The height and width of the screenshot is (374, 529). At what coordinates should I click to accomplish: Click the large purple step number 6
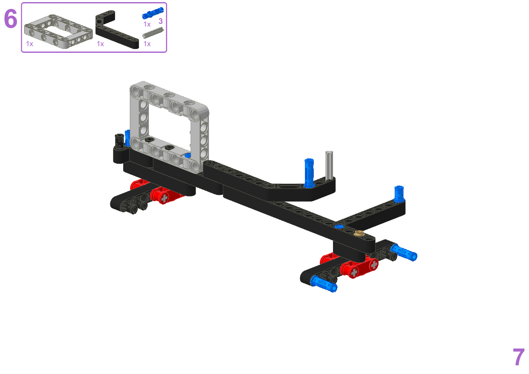tap(10, 18)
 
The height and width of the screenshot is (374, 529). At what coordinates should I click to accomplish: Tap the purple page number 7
tap(519, 357)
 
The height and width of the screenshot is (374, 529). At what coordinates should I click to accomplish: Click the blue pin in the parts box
tap(153, 13)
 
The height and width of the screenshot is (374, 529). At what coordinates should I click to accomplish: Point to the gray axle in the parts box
tap(153, 33)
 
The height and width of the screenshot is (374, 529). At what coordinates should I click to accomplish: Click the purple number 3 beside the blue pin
tap(160, 21)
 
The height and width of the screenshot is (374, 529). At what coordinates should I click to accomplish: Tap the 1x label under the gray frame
tap(29, 44)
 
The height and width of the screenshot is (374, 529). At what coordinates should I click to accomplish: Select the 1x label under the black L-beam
tap(101, 44)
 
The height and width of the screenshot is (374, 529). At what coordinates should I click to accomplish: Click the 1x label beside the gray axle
tap(147, 44)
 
